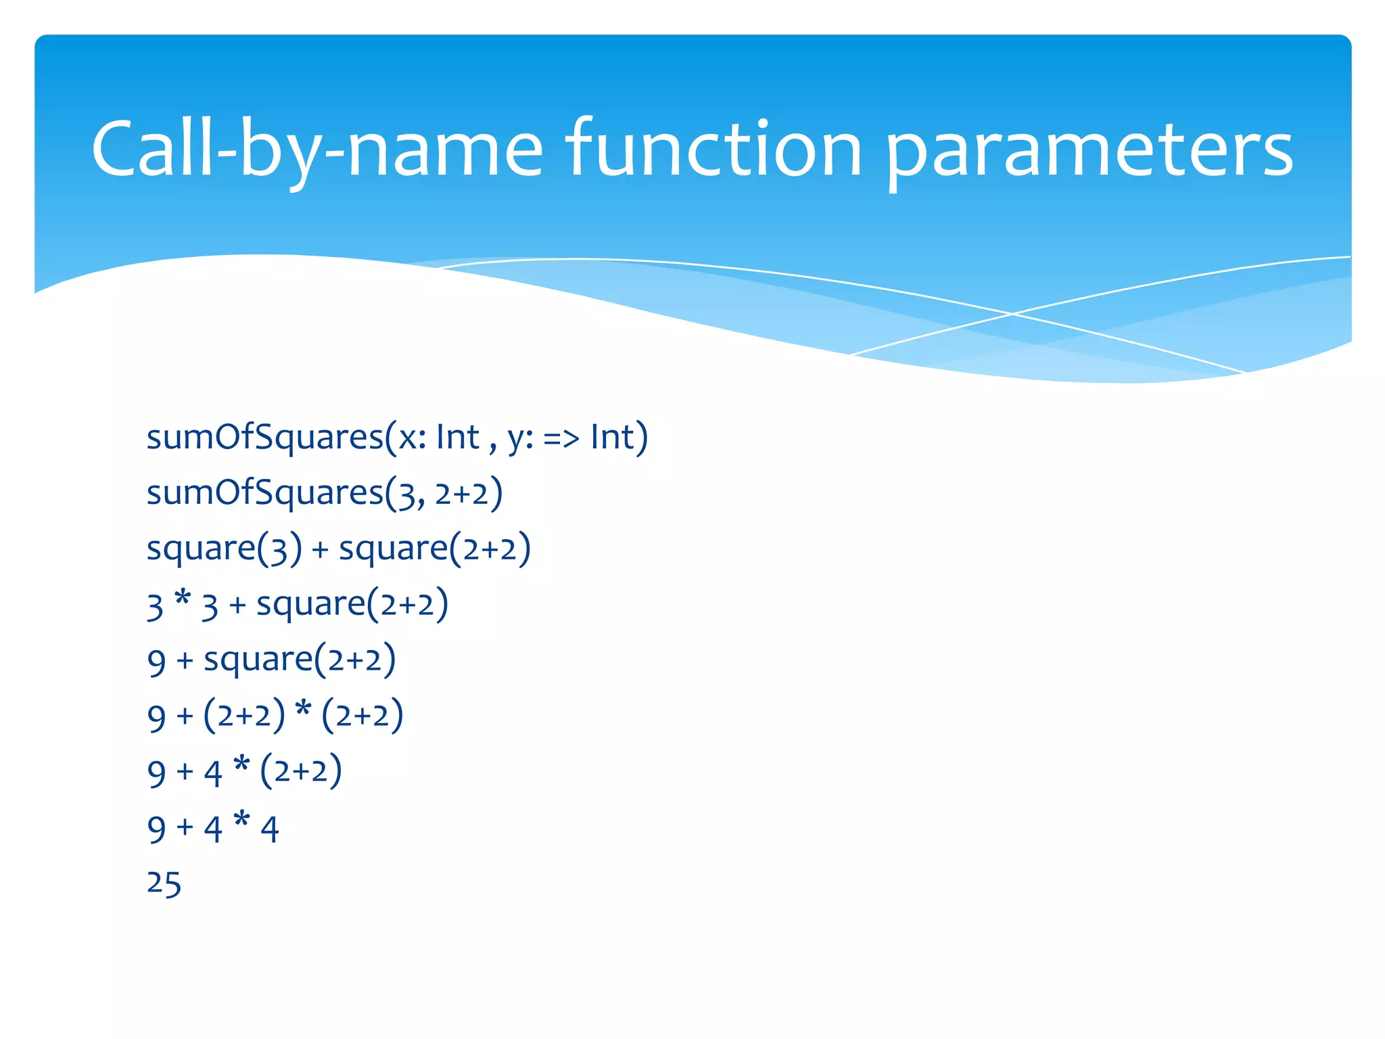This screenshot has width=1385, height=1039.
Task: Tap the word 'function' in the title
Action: (x=713, y=149)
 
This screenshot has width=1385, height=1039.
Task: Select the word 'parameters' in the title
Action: (x=1089, y=152)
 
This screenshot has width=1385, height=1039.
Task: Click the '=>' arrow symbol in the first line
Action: (x=561, y=438)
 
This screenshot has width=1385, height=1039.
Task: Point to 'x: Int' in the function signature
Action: (x=439, y=437)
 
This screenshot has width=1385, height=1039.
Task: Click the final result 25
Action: (x=164, y=884)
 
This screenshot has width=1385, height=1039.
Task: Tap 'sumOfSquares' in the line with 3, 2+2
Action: (x=265, y=493)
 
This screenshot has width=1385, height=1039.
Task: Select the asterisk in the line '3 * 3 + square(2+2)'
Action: (x=183, y=599)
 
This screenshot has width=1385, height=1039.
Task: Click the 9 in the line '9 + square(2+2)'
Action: (x=156, y=661)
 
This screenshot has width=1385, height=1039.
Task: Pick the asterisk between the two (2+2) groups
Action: (x=304, y=710)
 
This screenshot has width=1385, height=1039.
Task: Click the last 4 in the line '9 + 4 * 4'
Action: (x=270, y=829)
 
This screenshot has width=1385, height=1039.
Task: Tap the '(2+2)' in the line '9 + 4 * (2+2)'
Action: (x=301, y=772)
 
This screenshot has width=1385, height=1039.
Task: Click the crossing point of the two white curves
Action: (x=1012, y=314)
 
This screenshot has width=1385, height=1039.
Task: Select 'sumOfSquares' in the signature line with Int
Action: (x=265, y=438)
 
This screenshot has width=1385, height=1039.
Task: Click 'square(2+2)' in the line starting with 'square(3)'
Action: (x=435, y=549)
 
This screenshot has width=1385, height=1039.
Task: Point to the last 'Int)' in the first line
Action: (x=619, y=437)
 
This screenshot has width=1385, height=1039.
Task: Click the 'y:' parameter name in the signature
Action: (x=521, y=438)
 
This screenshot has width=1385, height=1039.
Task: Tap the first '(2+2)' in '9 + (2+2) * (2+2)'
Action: (x=244, y=716)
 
